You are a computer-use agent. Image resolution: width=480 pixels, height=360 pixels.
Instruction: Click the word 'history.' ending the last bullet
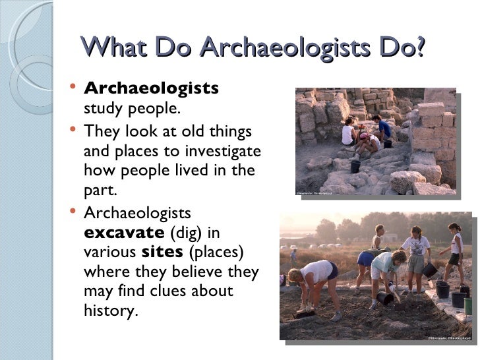[x=111, y=310]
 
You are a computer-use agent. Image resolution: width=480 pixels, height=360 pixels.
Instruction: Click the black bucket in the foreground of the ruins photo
[x=355, y=165]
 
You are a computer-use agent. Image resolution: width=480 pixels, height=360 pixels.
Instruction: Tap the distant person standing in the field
[x=293, y=255]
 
